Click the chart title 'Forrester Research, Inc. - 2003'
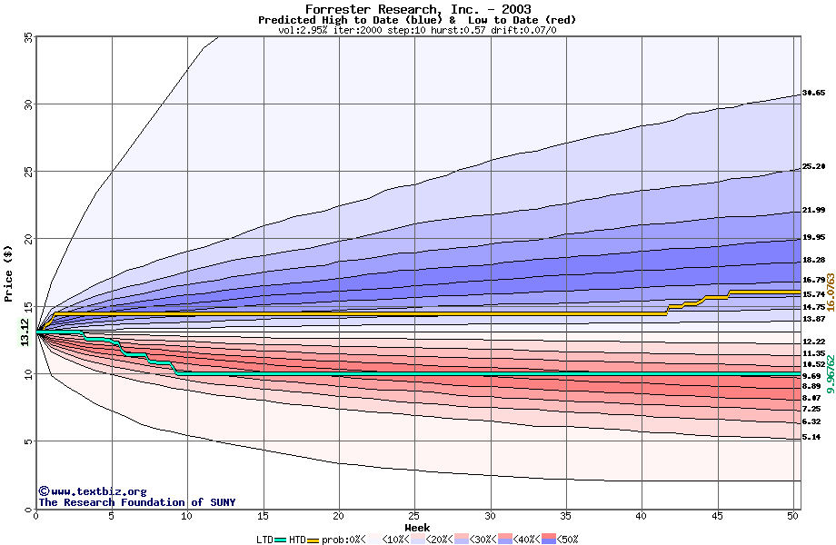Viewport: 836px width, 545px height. [x=417, y=9]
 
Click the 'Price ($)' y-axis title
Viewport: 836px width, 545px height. [x=9, y=273]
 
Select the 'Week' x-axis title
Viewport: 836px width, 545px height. [x=417, y=527]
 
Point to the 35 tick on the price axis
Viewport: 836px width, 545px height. [x=27, y=37]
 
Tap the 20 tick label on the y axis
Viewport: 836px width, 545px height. [x=27, y=239]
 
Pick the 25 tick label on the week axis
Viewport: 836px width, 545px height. [x=414, y=517]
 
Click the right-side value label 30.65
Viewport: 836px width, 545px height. [x=813, y=93]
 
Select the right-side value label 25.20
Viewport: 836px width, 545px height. [x=813, y=167]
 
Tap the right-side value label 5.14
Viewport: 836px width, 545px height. [x=811, y=438]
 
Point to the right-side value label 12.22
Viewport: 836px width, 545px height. [x=813, y=342]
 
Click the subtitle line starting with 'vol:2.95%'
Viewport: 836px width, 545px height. [x=417, y=30]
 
